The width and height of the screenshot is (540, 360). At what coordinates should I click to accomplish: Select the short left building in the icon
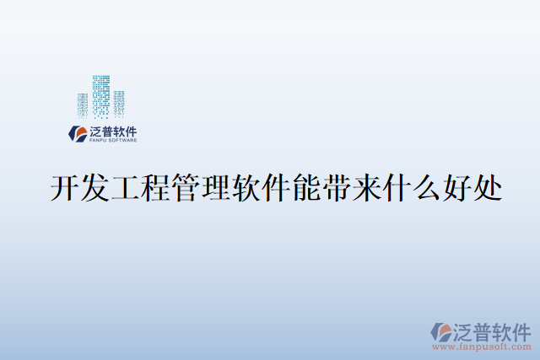(x=83, y=104)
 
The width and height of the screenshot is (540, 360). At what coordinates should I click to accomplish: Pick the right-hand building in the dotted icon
(x=120, y=102)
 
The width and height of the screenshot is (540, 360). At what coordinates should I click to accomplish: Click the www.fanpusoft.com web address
(x=482, y=346)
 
